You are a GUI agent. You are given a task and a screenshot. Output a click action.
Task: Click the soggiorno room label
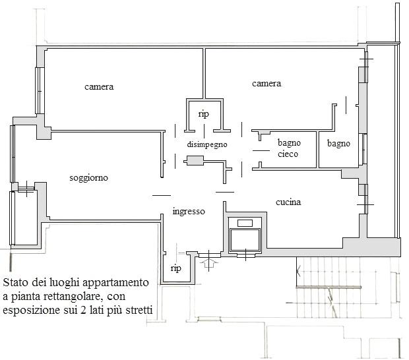pos(88,178)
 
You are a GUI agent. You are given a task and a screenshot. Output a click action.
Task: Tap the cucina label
pos(288,202)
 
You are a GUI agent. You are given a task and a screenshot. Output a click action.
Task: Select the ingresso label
pos(189,212)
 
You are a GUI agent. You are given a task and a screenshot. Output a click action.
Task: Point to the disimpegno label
pos(207,144)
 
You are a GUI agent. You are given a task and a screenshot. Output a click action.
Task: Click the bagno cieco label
pos(289,148)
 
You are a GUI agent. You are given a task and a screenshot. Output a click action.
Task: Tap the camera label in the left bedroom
pos(99,86)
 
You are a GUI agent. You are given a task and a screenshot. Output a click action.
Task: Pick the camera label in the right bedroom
pos(267,84)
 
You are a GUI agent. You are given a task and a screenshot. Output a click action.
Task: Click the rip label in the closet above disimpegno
pos(204,114)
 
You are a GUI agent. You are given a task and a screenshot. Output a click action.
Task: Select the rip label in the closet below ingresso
pos(176,268)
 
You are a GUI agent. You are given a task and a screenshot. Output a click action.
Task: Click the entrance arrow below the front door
pos(208,263)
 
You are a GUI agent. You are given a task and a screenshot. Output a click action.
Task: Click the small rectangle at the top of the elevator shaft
pos(245,223)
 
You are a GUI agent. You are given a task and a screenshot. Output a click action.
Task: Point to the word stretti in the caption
pos(139,310)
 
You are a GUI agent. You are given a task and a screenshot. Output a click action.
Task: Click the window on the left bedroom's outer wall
pos(40,91)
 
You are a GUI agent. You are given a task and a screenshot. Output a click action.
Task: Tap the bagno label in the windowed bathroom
pos(338,144)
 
